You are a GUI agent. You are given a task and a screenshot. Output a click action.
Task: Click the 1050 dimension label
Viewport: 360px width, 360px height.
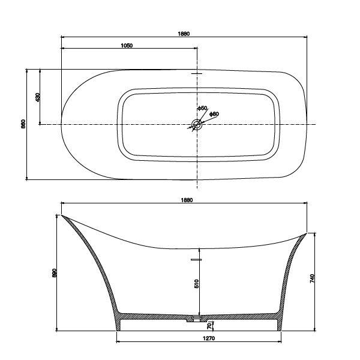click(127, 46)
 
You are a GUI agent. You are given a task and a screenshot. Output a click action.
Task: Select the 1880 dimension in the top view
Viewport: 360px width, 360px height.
click(184, 34)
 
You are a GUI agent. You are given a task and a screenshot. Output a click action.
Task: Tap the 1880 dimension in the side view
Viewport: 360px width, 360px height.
click(185, 200)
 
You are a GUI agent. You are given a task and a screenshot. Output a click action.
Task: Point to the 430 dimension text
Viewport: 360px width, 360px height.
click(37, 97)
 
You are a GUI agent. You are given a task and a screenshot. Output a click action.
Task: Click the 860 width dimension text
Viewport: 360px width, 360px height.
click(23, 124)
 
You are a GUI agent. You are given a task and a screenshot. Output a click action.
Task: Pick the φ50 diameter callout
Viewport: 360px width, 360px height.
click(203, 108)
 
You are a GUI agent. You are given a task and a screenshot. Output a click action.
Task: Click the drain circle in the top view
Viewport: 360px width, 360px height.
click(196, 125)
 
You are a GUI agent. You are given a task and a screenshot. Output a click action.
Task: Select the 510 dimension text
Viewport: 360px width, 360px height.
click(196, 284)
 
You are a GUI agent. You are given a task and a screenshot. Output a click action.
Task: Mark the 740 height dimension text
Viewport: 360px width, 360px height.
click(313, 280)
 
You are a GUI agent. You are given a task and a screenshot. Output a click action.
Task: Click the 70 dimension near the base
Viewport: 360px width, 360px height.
click(209, 326)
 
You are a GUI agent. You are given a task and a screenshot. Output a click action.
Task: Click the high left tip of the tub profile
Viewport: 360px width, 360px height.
click(61, 215)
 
